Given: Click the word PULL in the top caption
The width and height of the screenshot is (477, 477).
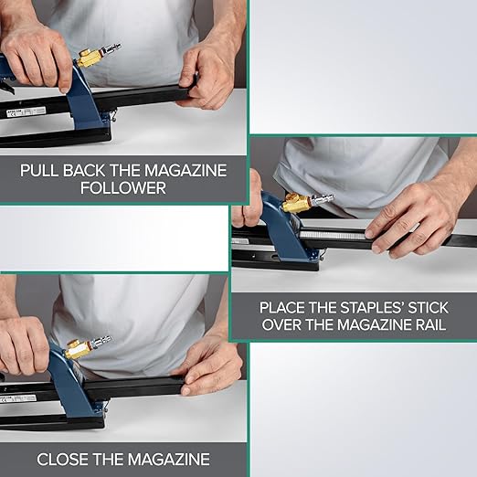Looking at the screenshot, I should coord(44,170).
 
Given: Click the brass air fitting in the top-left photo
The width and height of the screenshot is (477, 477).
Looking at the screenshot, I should coord(92,57).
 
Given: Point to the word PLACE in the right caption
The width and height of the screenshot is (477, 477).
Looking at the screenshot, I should coord(284,308).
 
